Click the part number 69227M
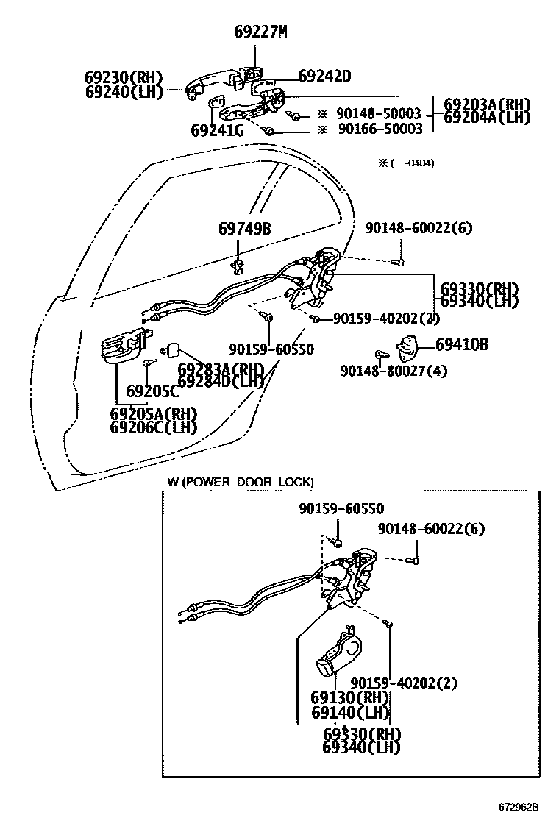(260, 32)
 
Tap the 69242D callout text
(324, 76)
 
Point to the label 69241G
(216, 131)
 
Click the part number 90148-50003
(379, 114)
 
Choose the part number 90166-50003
(379, 129)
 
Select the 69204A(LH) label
(487, 118)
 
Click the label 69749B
(245, 229)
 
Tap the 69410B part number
(462, 344)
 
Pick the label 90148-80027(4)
(394, 371)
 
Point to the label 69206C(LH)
(154, 427)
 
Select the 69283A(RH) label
(221, 369)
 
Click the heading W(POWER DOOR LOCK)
(240, 482)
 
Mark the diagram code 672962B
(526, 807)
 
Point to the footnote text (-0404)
(407, 163)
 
